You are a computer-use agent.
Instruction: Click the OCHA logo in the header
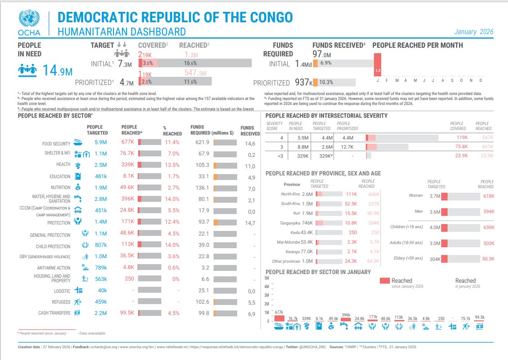[30, 23]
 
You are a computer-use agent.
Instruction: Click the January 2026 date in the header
[473, 32]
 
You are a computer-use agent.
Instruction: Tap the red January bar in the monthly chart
[377, 64]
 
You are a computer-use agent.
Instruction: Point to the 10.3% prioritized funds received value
[326, 82]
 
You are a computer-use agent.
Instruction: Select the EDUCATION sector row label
[60, 176]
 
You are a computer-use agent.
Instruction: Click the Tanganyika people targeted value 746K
[307, 223]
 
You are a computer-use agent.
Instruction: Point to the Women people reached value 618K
[488, 196]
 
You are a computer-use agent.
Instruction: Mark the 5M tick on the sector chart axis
[267, 278]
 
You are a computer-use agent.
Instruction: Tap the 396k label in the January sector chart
[346, 315]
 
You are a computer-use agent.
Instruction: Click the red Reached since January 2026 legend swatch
[384, 281]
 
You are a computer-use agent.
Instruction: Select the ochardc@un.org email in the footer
[106, 347]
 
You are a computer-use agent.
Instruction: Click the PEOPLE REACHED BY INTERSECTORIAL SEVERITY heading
[326, 115]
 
